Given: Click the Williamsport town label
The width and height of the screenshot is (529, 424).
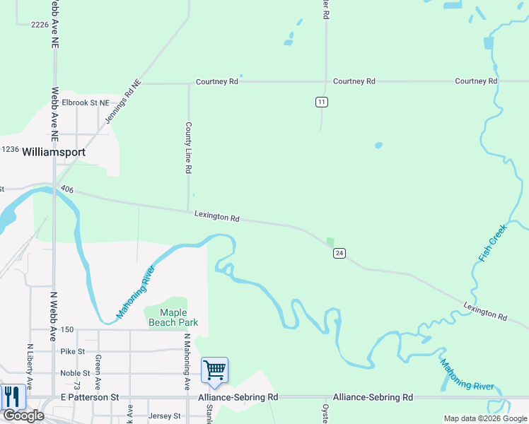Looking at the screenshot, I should point(54,152).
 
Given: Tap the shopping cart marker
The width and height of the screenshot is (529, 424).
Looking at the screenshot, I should point(214,370).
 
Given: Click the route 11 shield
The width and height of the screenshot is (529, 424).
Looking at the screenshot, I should point(322,102).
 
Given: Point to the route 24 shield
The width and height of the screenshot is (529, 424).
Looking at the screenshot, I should point(339,253).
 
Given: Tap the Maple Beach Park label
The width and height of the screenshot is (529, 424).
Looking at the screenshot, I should point(173,317).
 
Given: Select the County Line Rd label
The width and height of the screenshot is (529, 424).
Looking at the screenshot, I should point(189,148).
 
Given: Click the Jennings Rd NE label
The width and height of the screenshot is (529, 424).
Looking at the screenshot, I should point(124,102).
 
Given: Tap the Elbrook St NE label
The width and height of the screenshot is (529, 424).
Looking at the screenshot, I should point(86,102).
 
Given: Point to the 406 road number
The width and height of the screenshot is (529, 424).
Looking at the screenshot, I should point(67,189).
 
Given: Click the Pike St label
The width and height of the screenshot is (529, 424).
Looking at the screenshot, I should point(73,351).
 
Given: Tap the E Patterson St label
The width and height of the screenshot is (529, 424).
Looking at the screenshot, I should point(89,398).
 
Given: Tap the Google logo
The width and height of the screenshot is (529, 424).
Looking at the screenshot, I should point(24,416).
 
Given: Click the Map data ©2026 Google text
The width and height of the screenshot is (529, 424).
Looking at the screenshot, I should point(484,418).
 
